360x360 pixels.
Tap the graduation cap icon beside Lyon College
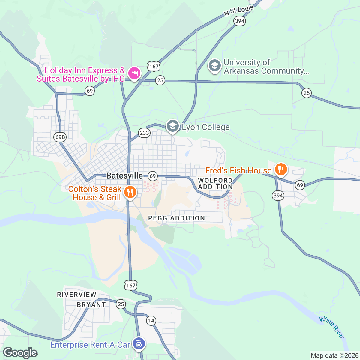click(x=172, y=126)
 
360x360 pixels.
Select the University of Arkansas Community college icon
click(x=214, y=66)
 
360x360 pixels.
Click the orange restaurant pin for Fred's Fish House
click(x=281, y=169)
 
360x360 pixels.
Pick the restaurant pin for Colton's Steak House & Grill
click(x=130, y=192)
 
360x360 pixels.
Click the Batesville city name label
click(x=124, y=175)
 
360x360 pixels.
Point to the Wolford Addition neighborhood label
click(x=215, y=184)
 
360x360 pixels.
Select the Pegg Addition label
click(x=177, y=218)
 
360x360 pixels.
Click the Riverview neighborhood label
click(x=77, y=295)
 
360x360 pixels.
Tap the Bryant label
click(x=91, y=305)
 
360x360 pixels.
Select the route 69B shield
click(x=60, y=137)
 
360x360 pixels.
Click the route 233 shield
click(x=144, y=133)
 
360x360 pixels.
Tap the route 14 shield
click(x=151, y=321)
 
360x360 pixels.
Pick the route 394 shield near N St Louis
click(x=240, y=21)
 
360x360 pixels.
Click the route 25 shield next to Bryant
click(x=121, y=304)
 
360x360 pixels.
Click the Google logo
click(x=20, y=353)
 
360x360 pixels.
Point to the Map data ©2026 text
click(x=334, y=356)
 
